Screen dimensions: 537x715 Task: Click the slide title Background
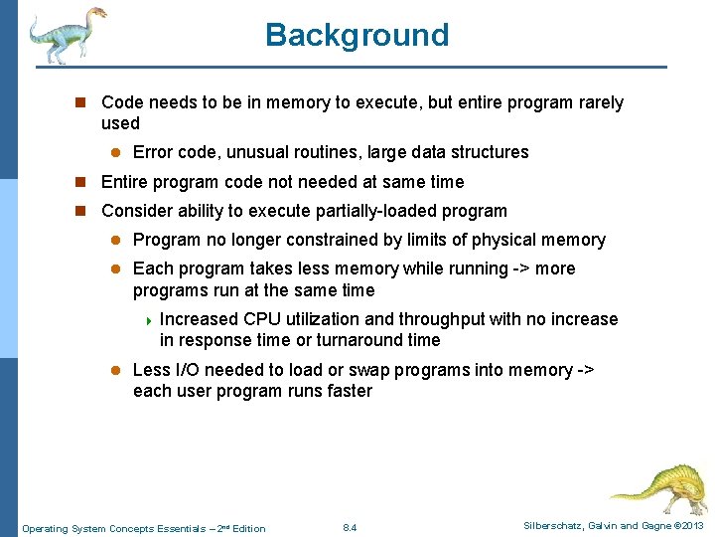[x=357, y=35]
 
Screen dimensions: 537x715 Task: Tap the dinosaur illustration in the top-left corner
[x=68, y=34]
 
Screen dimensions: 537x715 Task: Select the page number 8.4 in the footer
[x=349, y=527]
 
